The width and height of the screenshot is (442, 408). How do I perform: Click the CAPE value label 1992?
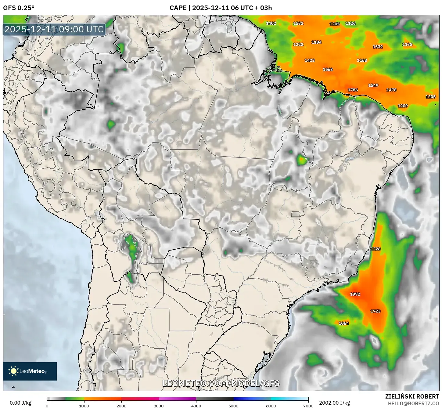coord(355,294)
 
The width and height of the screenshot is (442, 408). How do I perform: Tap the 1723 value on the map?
coord(376,311)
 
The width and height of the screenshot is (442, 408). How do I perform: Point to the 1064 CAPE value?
coord(344,323)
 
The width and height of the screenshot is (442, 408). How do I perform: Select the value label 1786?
coord(353,90)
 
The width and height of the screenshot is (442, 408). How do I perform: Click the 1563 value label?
coord(328,70)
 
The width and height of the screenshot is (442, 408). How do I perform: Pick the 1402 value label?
coord(271,23)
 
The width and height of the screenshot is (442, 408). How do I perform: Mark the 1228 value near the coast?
coord(376,249)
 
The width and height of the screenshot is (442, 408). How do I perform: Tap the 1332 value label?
coord(378,47)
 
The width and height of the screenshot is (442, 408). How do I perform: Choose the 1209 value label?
coord(403,106)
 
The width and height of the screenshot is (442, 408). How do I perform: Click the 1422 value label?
coord(310,60)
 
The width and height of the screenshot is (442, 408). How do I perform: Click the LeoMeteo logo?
coord(30,371)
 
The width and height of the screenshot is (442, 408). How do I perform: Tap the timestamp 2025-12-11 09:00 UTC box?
coord(54,29)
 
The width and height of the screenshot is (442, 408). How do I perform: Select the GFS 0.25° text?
coord(19,8)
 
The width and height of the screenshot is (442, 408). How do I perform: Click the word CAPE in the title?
coord(178,8)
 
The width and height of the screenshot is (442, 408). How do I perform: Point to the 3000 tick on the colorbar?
coord(159,406)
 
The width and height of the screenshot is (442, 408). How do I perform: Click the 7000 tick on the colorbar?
coord(308,406)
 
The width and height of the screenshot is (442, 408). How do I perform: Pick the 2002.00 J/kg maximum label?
coord(334,403)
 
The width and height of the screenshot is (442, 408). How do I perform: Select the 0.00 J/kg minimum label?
coord(21,403)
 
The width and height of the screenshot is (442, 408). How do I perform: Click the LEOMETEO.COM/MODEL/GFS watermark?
coord(221,383)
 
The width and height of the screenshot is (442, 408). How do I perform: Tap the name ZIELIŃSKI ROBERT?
coord(412,396)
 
